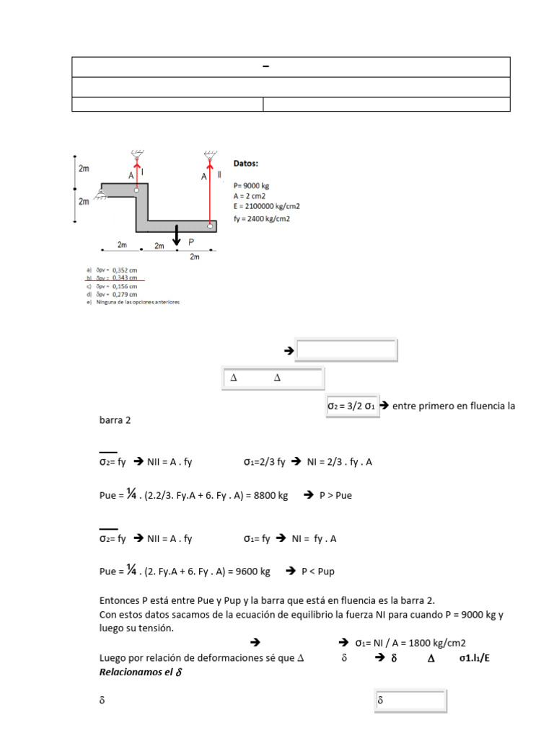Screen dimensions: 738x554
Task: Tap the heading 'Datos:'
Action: coord(246,164)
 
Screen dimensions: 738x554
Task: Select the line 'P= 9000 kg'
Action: coord(251,185)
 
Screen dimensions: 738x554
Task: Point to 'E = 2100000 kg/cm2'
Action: coord(266,206)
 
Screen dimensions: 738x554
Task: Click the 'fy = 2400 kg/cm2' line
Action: coord(261,219)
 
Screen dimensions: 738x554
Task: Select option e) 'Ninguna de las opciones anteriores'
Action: coord(137,302)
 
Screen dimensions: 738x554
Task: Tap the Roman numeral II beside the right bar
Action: coord(219,175)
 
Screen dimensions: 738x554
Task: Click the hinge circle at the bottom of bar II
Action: coord(211,226)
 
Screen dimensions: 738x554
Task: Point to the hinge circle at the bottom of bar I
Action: coord(136,190)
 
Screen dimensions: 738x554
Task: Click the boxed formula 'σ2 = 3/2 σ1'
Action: coord(352,406)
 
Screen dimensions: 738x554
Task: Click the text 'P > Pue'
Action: coord(335,496)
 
